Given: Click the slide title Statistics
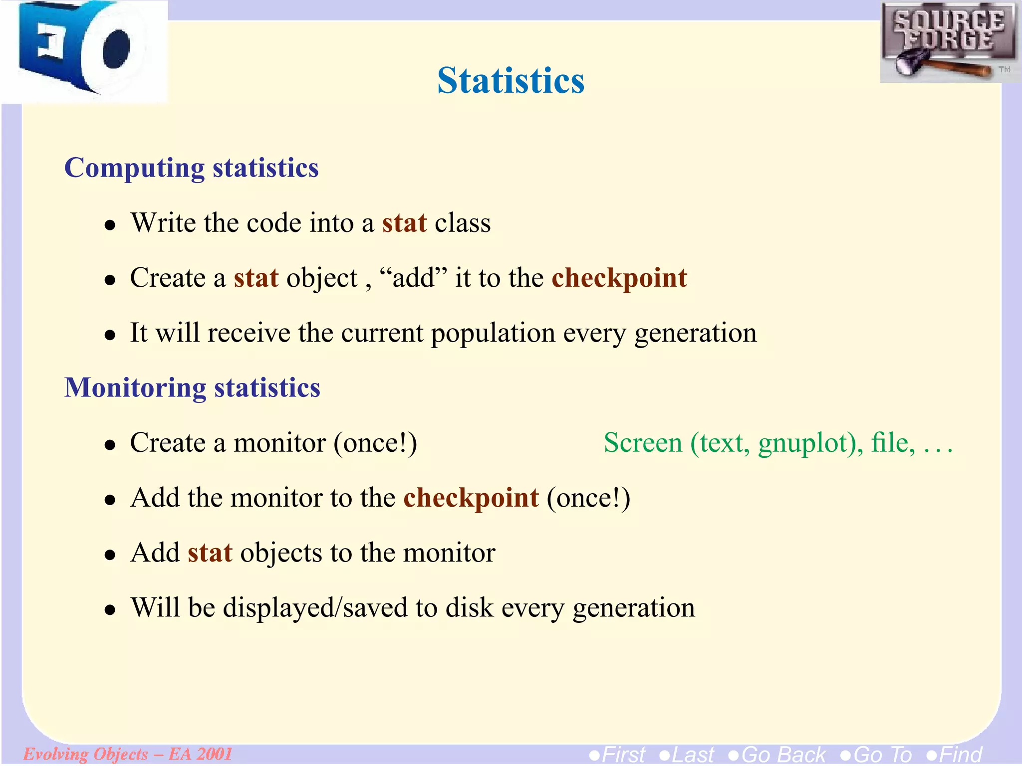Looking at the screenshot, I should click(x=511, y=81).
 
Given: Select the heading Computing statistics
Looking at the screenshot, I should click(x=191, y=168).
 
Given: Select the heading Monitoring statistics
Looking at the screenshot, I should click(x=192, y=388).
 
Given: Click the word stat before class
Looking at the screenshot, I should click(x=404, y=223).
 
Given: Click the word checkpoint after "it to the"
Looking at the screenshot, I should click(x=619, y=278).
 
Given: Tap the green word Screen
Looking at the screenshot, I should click(x=643, y=443).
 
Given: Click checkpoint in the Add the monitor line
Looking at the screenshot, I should click(x=471, y=498).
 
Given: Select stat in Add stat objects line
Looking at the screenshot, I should click(x=210, y=553).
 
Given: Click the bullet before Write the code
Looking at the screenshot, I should click(x=110, y=225).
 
